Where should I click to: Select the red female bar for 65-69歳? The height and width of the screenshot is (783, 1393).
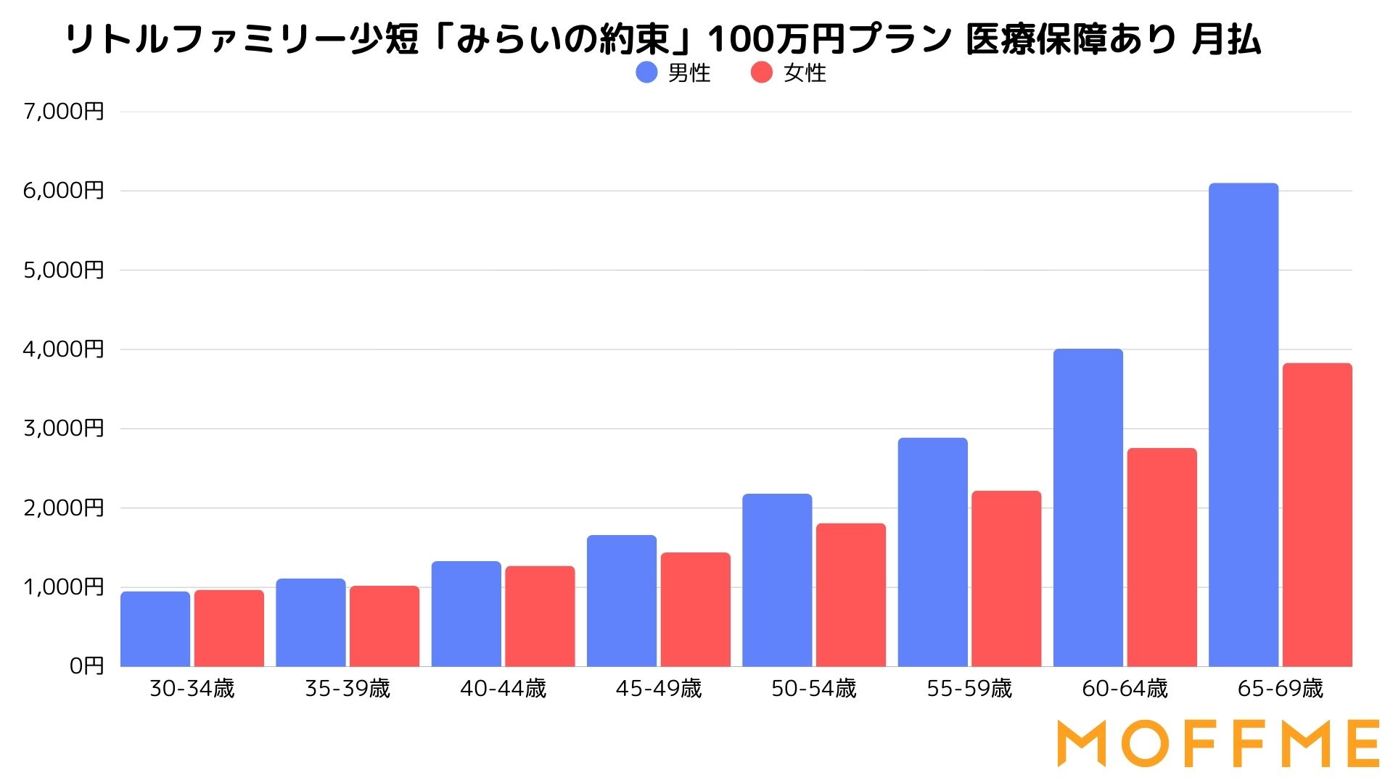point(1318,515)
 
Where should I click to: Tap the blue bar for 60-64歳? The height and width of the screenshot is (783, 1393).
point(1088,507)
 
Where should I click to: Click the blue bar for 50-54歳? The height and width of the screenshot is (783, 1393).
point(777,580)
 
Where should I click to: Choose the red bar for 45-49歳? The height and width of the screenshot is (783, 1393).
point(695,610)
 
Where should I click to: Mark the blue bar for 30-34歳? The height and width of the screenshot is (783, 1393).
point(155,629)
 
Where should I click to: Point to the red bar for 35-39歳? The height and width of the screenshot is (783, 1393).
point(385,626)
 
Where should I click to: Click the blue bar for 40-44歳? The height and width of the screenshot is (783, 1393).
point(467,614)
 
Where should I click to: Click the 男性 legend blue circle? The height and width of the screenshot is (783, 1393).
point(646,72)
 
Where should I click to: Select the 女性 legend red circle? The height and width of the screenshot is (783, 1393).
point(762,72)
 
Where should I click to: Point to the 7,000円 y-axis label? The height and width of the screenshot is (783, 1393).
point(64,112)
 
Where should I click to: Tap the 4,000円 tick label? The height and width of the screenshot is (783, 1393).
point(64,349)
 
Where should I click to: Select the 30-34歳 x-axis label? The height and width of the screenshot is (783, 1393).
point(192,689)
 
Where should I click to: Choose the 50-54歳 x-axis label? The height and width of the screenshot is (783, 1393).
point(814,689)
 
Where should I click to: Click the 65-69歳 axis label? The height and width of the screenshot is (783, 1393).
point(1281,689)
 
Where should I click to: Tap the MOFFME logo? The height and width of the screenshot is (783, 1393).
point(1218,743)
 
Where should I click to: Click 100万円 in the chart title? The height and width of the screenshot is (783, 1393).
point(776,39)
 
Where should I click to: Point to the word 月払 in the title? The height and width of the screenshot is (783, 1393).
point(1226,39)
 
